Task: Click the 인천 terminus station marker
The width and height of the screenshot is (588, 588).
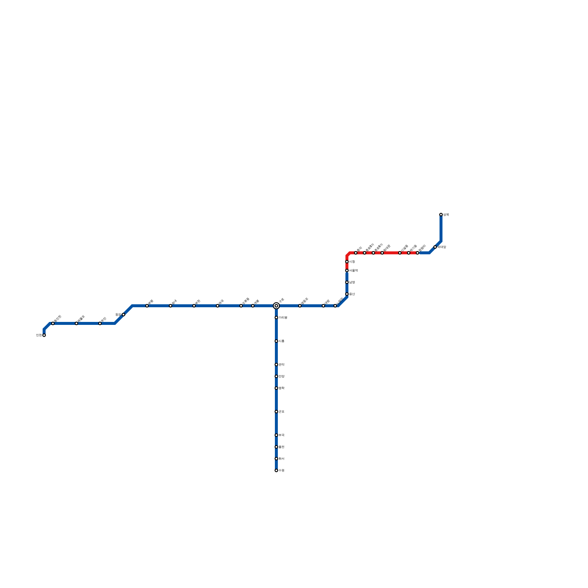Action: pos(44,335)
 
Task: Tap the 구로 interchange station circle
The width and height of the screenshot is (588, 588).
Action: pos(276,306)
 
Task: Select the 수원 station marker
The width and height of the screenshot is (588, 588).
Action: pos(276,470)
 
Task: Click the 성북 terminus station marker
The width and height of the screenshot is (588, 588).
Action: pos(441,215)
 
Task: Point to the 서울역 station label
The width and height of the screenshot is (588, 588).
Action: pos(354,270)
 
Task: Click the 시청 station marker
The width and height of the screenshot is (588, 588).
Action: pos(347,262)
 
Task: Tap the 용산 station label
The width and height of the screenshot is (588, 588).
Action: pos(352,294)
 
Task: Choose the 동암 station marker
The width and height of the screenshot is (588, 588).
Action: pos(123,315)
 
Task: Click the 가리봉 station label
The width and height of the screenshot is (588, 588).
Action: pos(283,318)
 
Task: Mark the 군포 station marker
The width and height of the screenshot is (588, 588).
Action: pos(276,412)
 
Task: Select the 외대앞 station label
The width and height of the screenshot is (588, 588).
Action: pos(442,247)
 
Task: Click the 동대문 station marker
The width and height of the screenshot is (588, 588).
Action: pos(382,253)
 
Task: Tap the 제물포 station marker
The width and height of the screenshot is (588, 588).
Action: pos(76,323)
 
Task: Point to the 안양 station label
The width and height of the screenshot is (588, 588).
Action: pos(282,376)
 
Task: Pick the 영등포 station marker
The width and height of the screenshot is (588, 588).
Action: pos(300,306)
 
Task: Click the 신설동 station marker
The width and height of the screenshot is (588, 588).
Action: pos(400,253)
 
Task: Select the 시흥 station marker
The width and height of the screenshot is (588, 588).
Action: pos(276,341)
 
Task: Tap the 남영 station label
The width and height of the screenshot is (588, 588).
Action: pos(352,282)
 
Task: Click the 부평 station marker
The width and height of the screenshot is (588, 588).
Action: pos(147,306)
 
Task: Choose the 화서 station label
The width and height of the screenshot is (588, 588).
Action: pos(282,459)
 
